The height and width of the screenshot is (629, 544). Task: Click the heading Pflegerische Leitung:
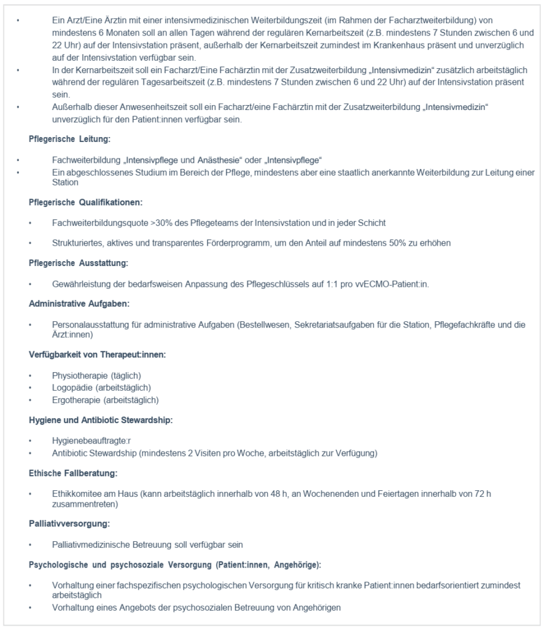pyautogui.click(x=69, y=139)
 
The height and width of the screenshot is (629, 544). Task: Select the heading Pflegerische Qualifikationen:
pyautogui.click(x=85, y=202)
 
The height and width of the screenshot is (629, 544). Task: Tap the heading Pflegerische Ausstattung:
pyautogui.click(x=78, y=263)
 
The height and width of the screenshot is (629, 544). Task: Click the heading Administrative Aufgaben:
pyautogui.click(x=79, y=303)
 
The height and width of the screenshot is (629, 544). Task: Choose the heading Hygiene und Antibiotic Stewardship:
pyautogui.click(x=101, y=420)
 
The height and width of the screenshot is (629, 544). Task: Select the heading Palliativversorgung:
pyautogui.click(x=68, y=524)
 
